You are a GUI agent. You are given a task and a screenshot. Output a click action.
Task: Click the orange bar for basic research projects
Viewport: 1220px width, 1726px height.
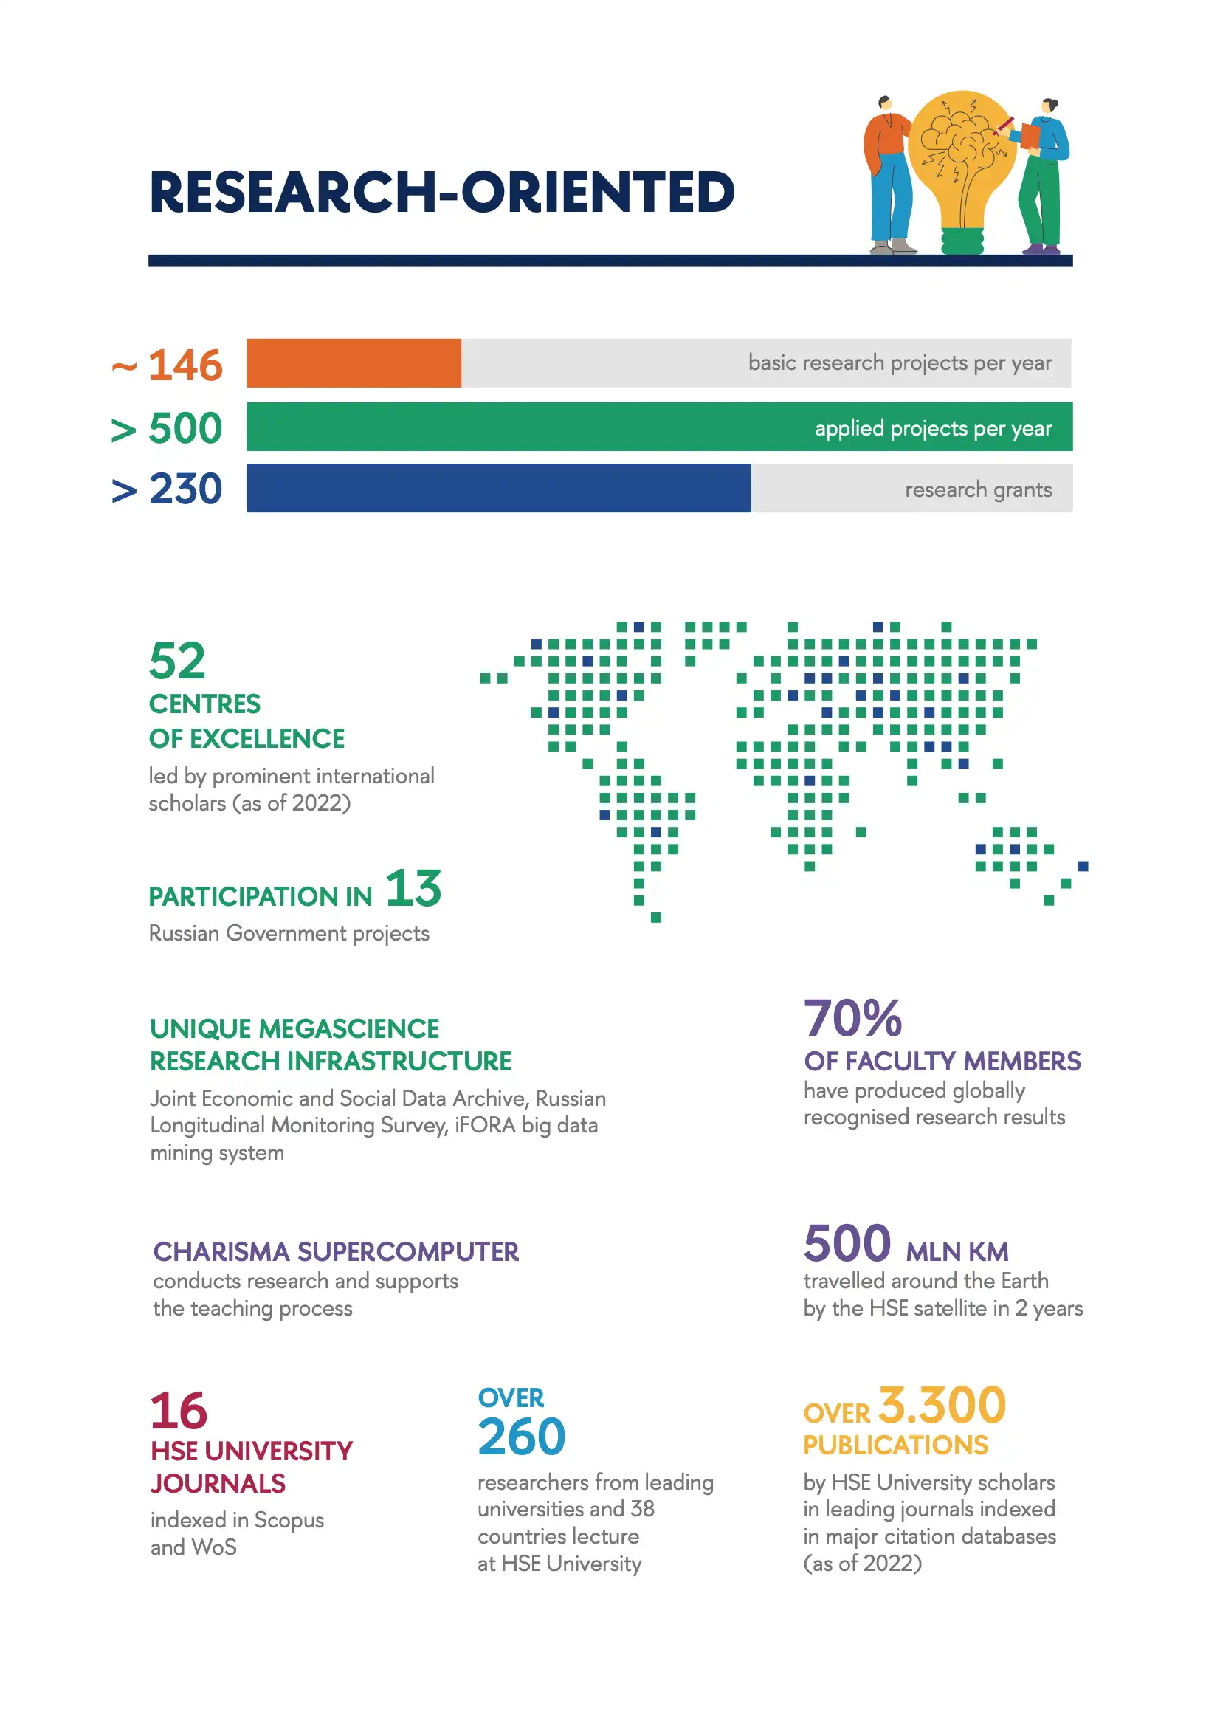pos(354,363)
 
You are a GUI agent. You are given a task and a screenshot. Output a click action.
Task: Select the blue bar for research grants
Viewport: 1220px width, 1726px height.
pos(498,488)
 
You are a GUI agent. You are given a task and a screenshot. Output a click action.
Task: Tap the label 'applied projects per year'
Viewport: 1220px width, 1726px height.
pos(933,428)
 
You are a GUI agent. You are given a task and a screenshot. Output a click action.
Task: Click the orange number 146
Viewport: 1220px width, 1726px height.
pos(185,365)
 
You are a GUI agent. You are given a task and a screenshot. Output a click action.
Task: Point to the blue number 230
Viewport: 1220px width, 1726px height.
pos(185,489)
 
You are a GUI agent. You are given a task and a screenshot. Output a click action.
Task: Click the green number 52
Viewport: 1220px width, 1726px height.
pos(176,661)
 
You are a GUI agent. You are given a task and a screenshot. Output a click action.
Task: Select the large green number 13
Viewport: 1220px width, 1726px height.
pos(413,889)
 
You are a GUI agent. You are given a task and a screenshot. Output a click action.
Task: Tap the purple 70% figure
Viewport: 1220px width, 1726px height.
pos(852,1018)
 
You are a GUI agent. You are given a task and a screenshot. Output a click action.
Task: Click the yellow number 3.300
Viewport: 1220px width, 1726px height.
pos(942,1405)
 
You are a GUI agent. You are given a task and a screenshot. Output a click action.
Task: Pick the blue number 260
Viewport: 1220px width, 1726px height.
pos(521,1437)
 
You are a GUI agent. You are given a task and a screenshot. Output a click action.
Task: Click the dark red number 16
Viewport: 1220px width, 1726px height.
pos(178,1410)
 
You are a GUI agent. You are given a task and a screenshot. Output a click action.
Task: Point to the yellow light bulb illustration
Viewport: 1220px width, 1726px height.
pos(962,158)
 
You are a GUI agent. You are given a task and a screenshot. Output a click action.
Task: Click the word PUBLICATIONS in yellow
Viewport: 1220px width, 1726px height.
pos(895,1445)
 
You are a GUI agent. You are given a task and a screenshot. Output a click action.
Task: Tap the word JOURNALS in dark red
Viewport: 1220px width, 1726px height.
pos(218,1483)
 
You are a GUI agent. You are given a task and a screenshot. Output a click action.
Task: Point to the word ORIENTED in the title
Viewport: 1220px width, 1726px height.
pos(598,193)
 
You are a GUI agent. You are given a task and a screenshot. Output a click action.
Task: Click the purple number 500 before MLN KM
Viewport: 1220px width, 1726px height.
pos(847,1244)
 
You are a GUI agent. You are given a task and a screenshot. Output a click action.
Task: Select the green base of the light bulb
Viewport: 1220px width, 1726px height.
pos(962,241)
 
